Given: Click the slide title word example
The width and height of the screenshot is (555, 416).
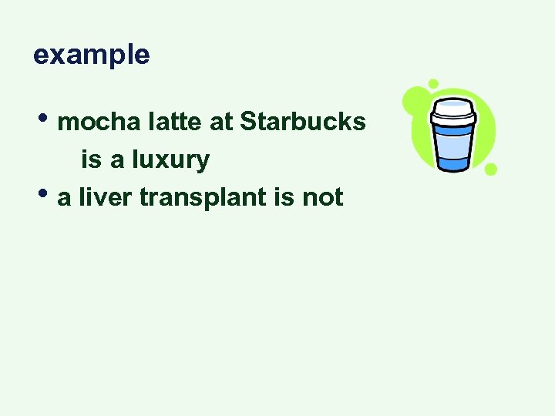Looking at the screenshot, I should [91, 55].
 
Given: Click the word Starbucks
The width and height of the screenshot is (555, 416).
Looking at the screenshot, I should [303, 122].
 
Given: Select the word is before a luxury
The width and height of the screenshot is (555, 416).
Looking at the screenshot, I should [90, 160].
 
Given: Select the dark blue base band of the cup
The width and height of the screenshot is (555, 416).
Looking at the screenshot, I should [454, 163].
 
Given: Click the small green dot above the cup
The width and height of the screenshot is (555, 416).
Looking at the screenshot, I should [433, 83].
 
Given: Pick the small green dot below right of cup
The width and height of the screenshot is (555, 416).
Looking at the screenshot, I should [491, 169].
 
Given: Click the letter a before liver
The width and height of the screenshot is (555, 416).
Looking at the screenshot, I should [64, 199].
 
